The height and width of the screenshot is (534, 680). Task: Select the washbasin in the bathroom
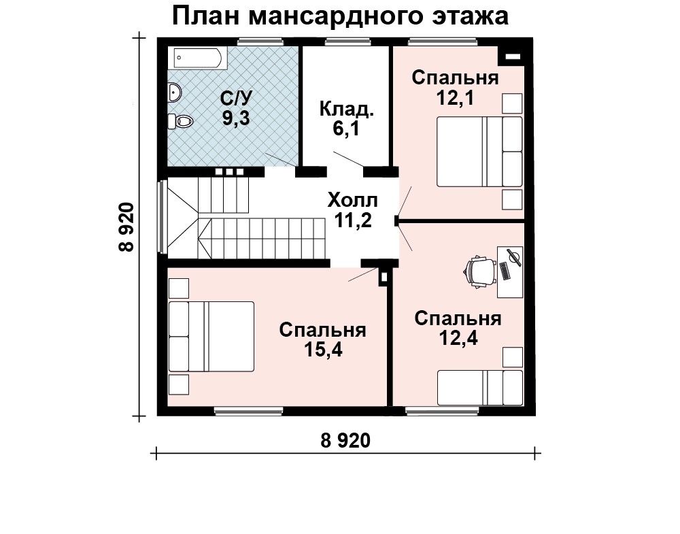[x=174, y=93]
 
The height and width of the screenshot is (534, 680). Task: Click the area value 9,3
[x=236, y=118]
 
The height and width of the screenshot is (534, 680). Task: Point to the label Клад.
[x=346, y=109]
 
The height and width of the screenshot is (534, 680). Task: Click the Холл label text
[x=352, y=201]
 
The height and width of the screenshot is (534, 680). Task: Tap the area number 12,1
[x=455, y=98]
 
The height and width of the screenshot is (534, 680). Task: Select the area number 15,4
[x=322, y=350]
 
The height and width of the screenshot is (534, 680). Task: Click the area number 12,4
[x=458, y=338]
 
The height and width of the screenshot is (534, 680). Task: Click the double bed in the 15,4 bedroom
[x=211, y=337]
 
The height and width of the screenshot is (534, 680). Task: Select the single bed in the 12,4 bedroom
[x=479, y=387]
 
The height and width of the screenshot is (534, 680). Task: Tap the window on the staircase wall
[x=163, y=216]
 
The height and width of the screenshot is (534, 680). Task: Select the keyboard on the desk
[x=505, y=271]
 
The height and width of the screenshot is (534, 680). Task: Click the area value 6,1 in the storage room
[x=346, y=129]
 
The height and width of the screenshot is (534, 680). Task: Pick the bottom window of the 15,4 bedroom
[x=249, y=410]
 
